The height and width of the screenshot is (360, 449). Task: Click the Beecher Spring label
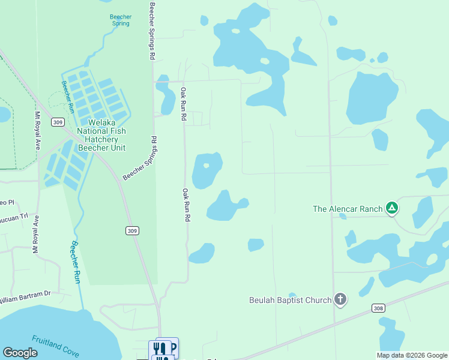click(x=121, y=20)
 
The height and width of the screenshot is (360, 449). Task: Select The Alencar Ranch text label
click(x=348, y=209)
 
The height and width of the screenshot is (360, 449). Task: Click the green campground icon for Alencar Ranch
click(x=391, y=208)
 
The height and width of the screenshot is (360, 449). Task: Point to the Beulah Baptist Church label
click(x=291, y=300)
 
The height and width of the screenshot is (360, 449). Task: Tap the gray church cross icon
click(x=340, y=299)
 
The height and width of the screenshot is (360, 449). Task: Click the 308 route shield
click(x=378, y=308)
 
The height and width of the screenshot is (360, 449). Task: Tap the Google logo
click(x=20, y=353)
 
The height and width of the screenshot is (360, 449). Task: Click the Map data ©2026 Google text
click(x=411, y=355)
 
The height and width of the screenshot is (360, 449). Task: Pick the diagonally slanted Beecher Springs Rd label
click(x=140, y=159)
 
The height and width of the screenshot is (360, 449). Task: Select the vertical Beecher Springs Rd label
click(x=152, y=30)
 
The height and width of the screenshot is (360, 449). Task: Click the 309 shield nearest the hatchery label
click(x=58, y=122)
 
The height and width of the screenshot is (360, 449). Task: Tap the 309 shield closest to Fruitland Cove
click(x=133, y=230)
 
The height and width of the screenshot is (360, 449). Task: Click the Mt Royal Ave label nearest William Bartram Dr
click(x=36, y=235)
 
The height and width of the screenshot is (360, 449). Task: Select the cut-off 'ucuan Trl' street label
click(x=14, y=217)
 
